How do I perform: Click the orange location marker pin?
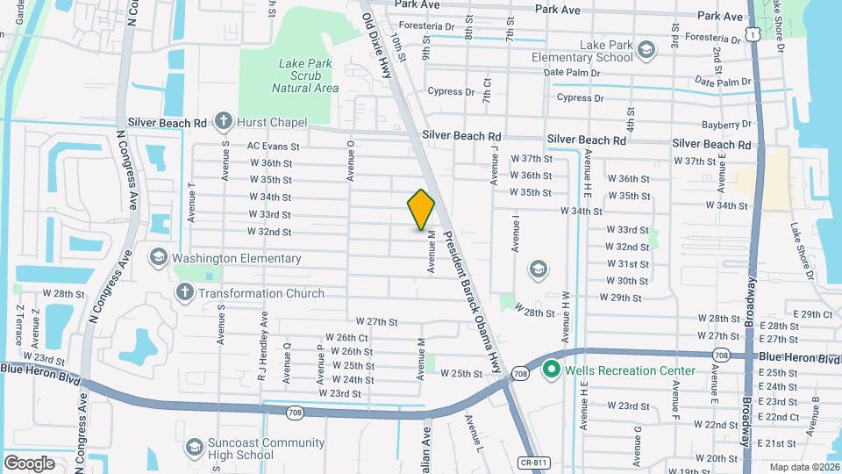pos(421,210)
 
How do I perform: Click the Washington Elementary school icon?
pos(159,258)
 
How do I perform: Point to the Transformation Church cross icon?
pos(185,293)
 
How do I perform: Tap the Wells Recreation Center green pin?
pos(552,370)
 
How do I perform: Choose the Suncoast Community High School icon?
pos(192,449)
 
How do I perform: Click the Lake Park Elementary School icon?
pos(646,49)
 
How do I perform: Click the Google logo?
pos(29,463)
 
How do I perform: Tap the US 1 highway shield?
pos(754,32)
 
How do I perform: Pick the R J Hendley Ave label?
pos(261,336)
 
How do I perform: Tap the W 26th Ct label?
pos(346,337)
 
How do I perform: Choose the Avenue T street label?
pos(191,202)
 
